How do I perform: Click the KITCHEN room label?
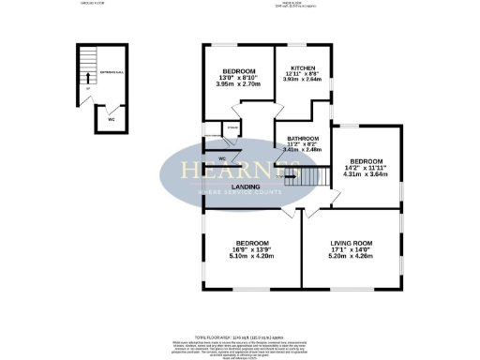pyautogui.click(x=302, y=68)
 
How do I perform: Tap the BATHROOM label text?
pyautogui.click(x=304, y=139)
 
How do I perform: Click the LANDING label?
pyautogui.click(x=218, y=187)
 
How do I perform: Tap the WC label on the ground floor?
pyautogui.click(x=112, y=120)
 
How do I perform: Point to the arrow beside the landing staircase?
pyautogui.click(x=291, y=174)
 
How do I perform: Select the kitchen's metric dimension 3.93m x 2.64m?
pyautogui.click(x=302, y=80)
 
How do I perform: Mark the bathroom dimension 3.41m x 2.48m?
pyautogui.click(x=304, y=149)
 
